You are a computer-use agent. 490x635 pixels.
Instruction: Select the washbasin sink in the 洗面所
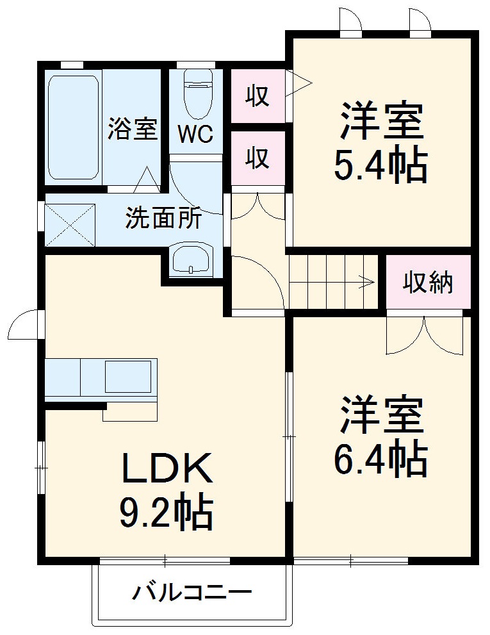click(192, 259)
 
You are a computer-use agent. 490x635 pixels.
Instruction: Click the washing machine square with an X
click(69, 224)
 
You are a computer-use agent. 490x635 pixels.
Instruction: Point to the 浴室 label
click(133, 129)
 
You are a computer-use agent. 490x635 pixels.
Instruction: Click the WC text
click(195, 135)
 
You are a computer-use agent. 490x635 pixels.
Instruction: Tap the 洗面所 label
click(163, 219)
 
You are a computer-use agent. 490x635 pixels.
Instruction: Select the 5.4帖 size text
click(380, 165)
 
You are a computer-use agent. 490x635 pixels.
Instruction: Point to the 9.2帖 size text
click(166, 511)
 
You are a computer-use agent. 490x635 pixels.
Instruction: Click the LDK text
click(167, 470)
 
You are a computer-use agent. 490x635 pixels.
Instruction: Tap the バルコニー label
click(192, 592)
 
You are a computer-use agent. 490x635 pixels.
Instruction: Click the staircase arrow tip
click(372, 281)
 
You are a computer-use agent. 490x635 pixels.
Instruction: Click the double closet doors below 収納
click(424, 335)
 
